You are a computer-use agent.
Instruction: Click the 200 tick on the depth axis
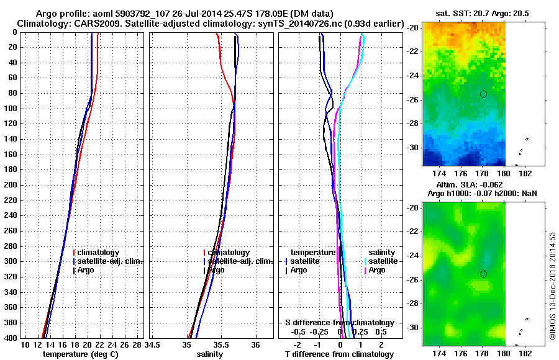click(11, 185)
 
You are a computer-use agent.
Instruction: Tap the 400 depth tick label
click(11, 338)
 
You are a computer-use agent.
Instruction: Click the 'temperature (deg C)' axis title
click(80, 354)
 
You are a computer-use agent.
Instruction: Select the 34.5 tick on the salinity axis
click(153, 344)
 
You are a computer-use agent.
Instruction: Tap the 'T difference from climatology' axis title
click(340, 354)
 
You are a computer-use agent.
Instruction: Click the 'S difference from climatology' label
click(340, 323)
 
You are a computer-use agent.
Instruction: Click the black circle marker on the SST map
click(483, 94)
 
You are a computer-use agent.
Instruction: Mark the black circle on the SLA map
click(483, 274)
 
